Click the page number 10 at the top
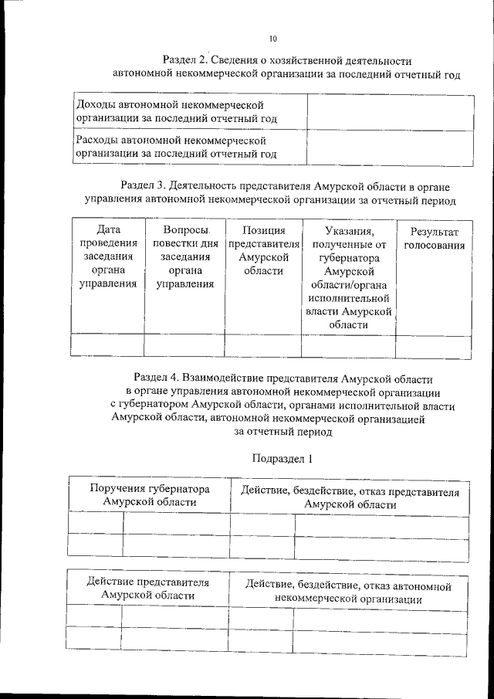pyautogui.click(x=273, y=39)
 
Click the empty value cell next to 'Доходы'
pyautogui.click(x=388, y=111)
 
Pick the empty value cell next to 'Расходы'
pyautogui.click(x=388, y=148)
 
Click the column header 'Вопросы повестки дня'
pyautogui.click(x=184, y=257)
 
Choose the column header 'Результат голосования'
pyautogui.click(x=434, y=239)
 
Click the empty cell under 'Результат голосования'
pyautogui.click(x=434, y=345)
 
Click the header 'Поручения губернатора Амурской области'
pyautogui.click(x=150, y=495)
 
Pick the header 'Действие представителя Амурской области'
pyautogui.click(x=148, y=588)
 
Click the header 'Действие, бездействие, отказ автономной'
pyautogui.click(x=347, y=592)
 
